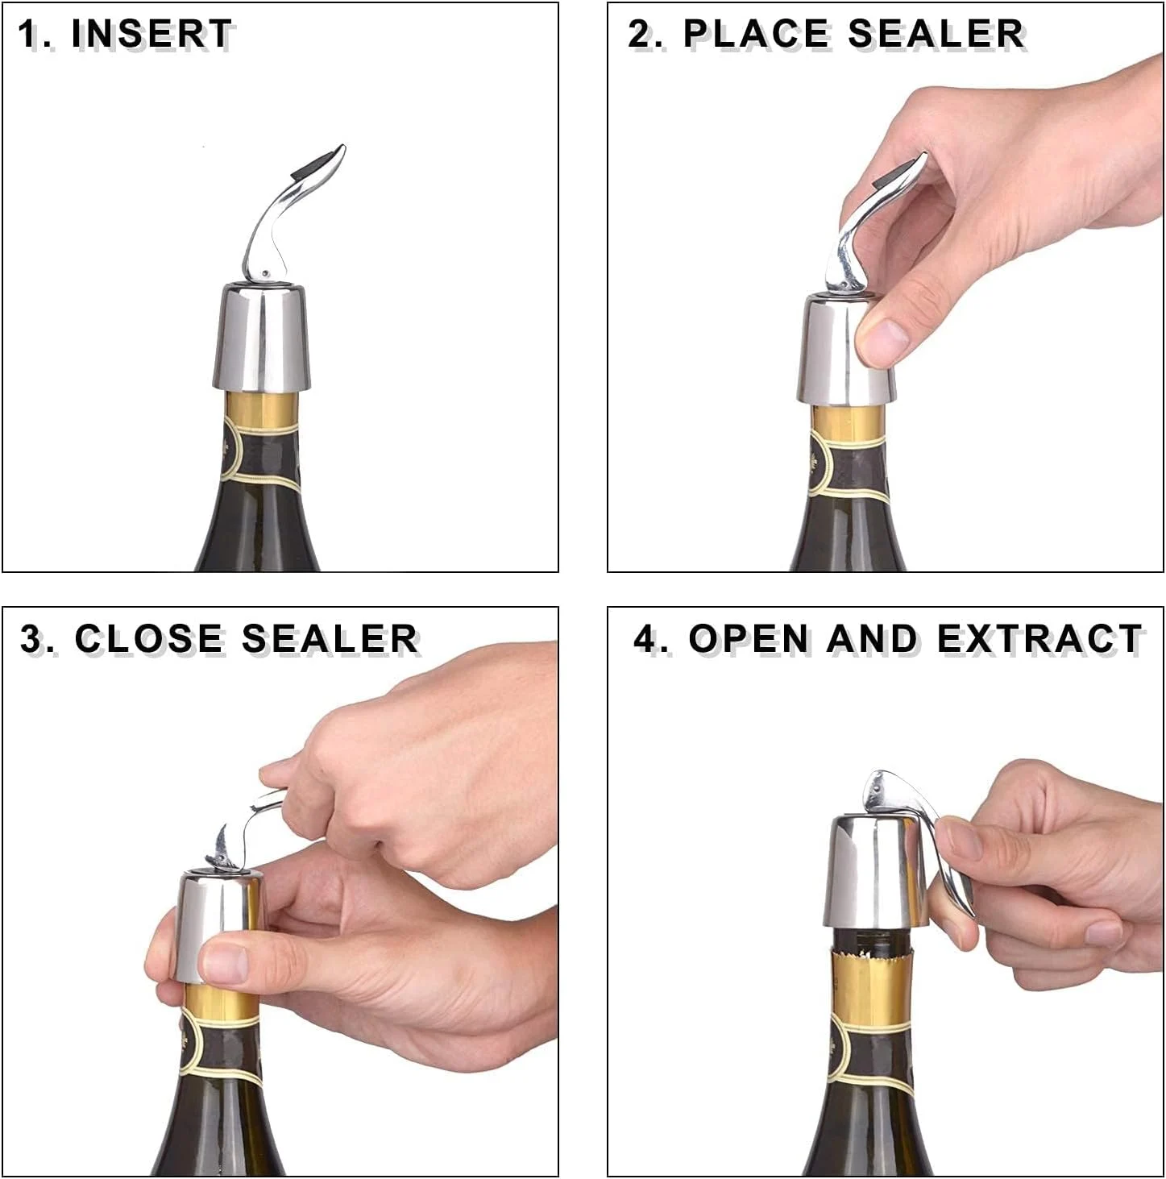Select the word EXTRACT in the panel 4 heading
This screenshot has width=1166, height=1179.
coord(1039,639)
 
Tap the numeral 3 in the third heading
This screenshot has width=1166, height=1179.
coord(30,639)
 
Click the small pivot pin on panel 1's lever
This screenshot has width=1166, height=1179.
coord(264,272)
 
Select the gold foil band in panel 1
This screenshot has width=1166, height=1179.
coord(261,408)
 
